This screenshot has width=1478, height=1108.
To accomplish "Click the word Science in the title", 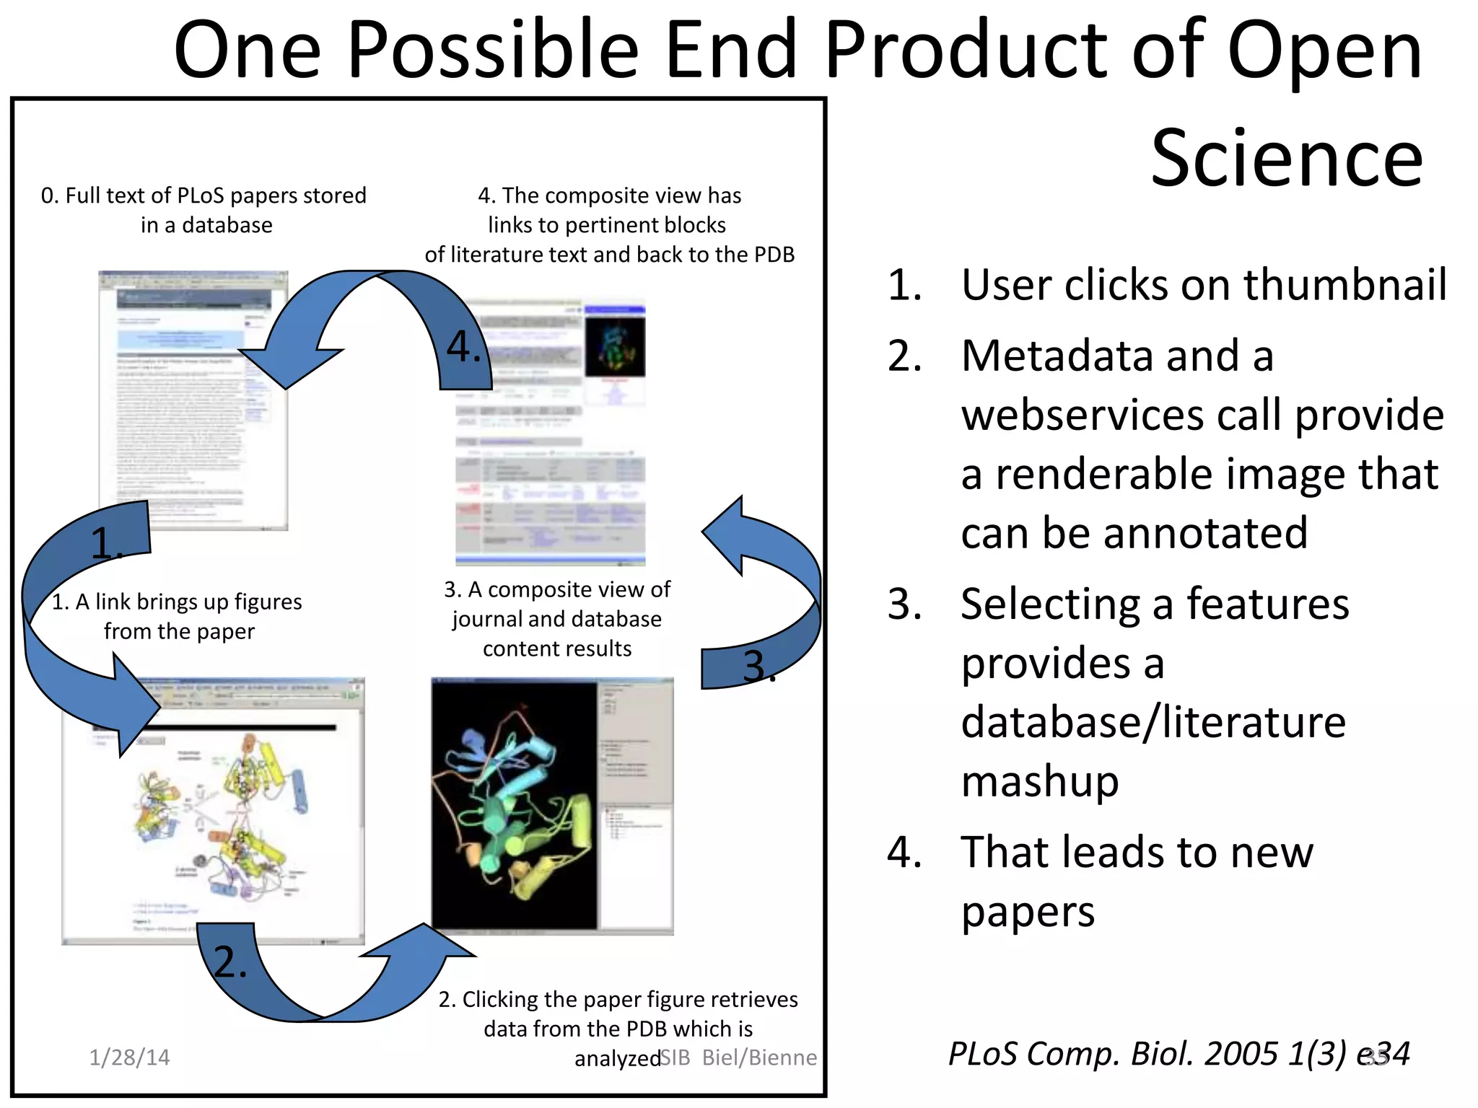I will [1286, 158].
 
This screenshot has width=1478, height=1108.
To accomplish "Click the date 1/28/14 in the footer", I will [129, 1058].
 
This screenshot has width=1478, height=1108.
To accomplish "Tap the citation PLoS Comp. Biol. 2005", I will [1147, 1054].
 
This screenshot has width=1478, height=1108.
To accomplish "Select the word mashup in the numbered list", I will [1040, 781].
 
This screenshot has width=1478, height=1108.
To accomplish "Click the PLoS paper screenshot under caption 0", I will [193, 400].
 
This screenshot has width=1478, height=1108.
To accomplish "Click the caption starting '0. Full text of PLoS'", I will [204, 210].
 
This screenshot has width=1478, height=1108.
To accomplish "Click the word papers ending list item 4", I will [1028, 912].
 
